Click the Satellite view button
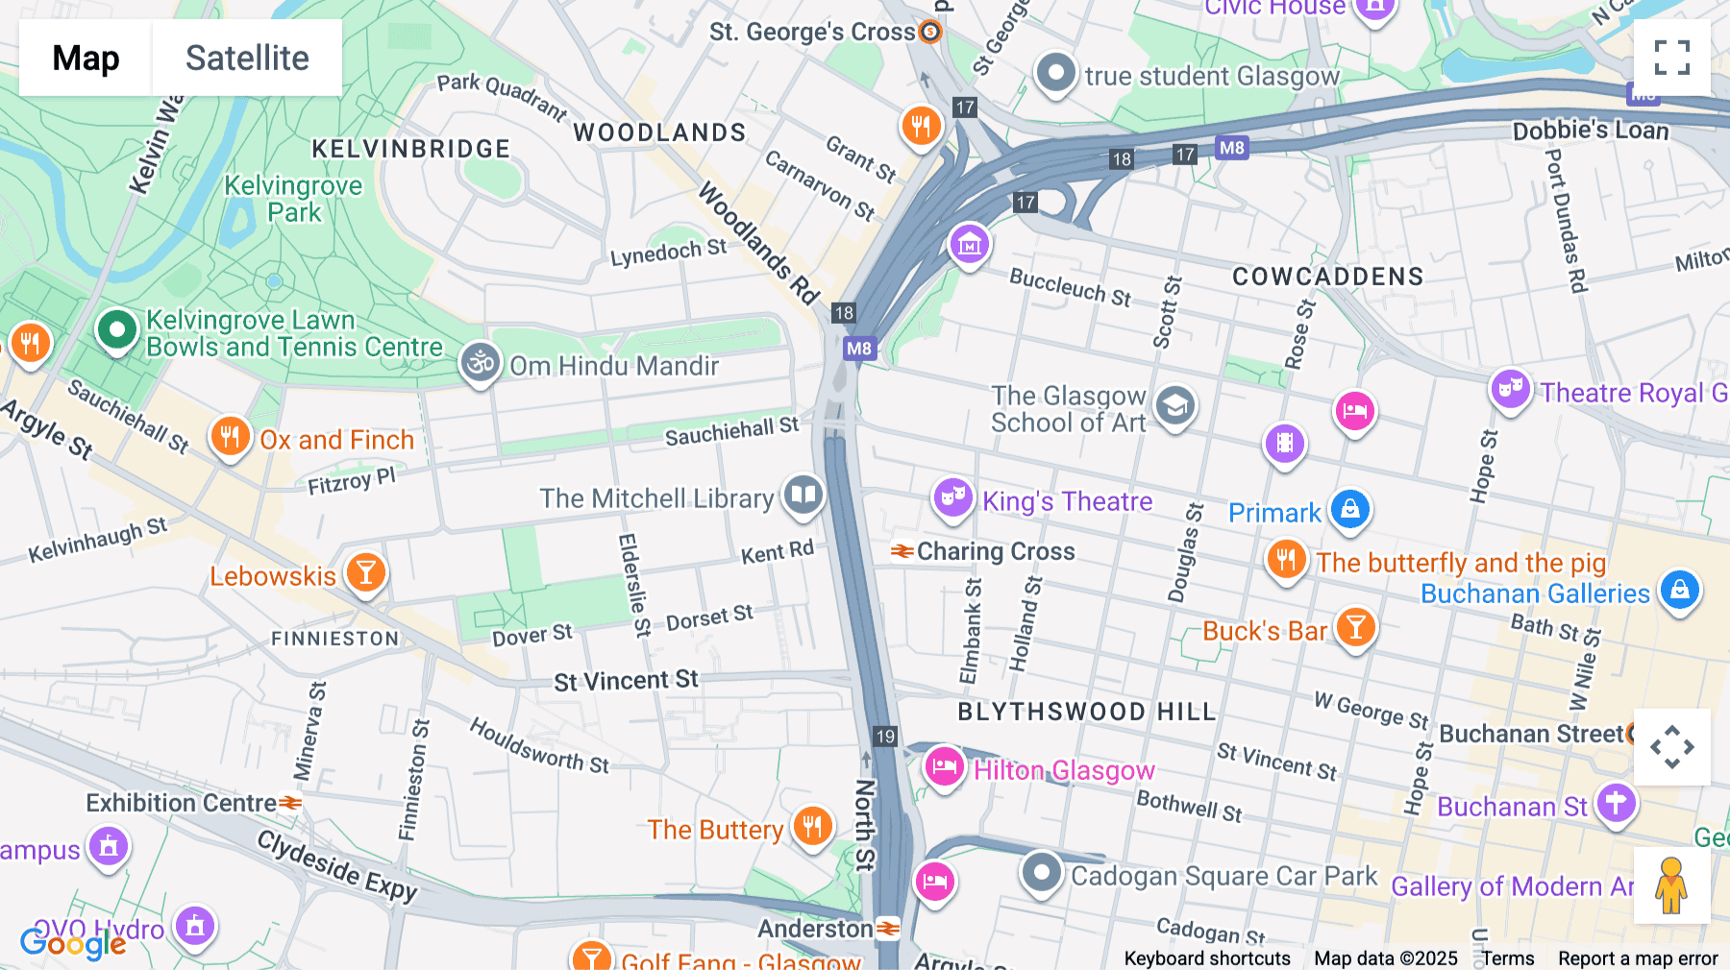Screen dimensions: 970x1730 coord(246,58)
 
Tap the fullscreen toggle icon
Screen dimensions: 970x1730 coord(1671,58)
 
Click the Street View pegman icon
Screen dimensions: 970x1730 coord(1671,885)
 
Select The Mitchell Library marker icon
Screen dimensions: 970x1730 coord(803,496)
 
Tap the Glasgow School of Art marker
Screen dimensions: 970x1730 coord(1174,406)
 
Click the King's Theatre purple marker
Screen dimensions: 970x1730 coord(952,498)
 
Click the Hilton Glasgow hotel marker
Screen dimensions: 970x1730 coord(944,767)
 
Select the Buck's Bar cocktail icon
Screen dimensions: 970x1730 coord(1355,627)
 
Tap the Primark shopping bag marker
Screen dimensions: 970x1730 coord(1350,509)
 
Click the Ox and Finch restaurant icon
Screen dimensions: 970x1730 coord(230,437)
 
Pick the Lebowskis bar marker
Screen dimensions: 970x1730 coord(365,573)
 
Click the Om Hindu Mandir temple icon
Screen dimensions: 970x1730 coord(480,363)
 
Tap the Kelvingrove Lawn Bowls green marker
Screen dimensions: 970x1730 coord(117,330)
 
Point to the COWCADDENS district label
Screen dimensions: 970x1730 coord(1327,277)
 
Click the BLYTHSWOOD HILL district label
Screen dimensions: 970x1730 coord(1087,712)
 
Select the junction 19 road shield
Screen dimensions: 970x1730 coord(885,737)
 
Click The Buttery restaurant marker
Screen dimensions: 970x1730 coord(812,826)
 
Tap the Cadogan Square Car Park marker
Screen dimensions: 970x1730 coord(1041,873)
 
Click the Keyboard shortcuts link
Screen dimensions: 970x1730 coord(1207,958)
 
